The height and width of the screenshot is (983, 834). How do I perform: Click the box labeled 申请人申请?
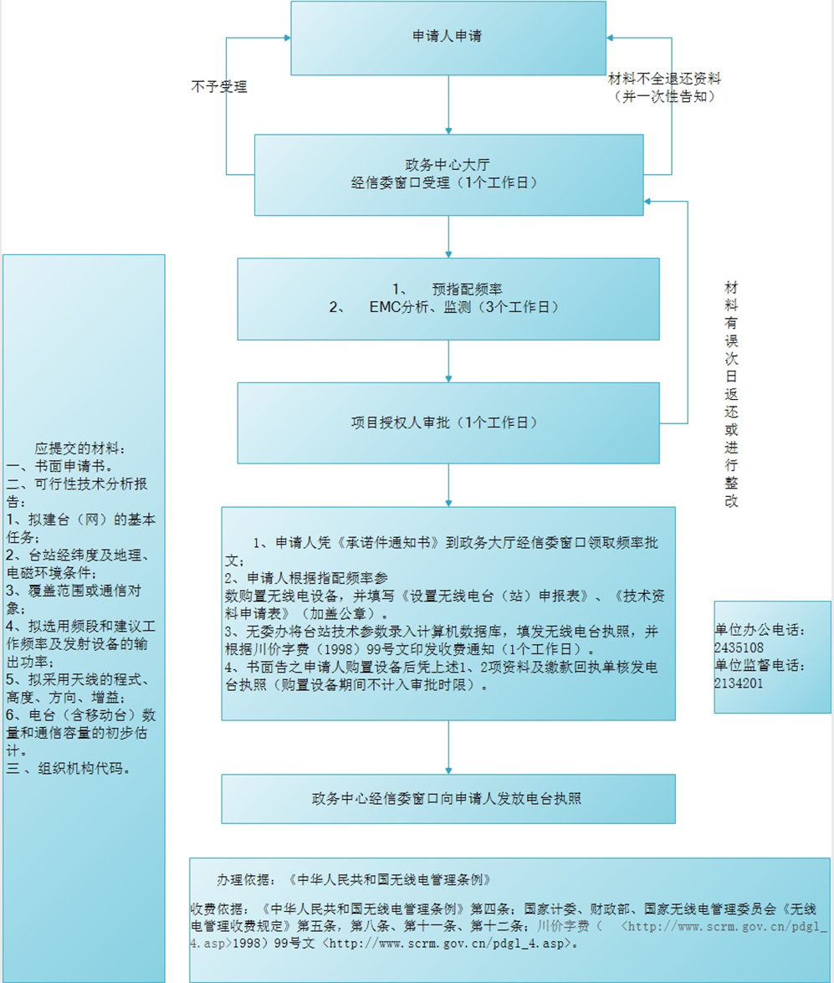tap(448, 38)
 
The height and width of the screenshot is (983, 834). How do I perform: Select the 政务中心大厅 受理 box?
tap(448, 173)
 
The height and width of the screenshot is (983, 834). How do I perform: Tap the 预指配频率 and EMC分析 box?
tap(448, 298)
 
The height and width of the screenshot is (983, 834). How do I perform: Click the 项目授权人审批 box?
tap(448, 422)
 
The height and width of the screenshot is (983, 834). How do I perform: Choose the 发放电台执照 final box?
tap(448, 798)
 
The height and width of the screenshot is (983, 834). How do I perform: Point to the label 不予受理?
tap(219, 86)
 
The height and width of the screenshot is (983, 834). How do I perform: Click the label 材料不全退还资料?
tap(664, 79)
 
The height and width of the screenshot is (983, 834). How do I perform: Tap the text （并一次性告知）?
tap(664, 96)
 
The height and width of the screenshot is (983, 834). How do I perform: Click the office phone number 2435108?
tap(739, 648)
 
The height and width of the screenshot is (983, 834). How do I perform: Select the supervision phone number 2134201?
tap(739, 683)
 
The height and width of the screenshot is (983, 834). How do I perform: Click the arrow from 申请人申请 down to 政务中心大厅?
tap(448, 105)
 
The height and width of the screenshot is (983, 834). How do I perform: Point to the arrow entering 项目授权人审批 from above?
tap(448, 361)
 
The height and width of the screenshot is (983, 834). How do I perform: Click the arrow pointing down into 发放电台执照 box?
tap(448, 747)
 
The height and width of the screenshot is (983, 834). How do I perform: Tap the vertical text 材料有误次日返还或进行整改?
tap(732, 393)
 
